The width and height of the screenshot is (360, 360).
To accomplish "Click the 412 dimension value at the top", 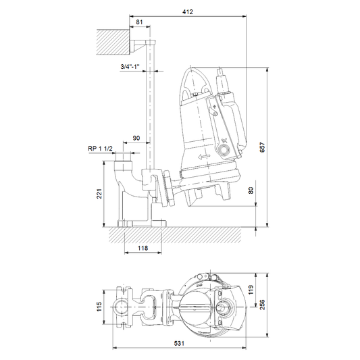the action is (x=188, y=11).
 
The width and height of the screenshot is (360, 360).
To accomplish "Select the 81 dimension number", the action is (x=139, y=22).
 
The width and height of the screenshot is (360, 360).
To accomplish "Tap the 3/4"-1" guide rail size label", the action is (x=130, y=67).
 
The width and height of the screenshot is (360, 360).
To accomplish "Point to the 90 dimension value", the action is (x=136, y=138).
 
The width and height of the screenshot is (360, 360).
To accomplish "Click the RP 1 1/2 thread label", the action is (x=101, y=149).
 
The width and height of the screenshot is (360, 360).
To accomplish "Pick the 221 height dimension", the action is (x=99, y=194).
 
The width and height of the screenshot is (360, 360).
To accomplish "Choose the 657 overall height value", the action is (x=262, y=147).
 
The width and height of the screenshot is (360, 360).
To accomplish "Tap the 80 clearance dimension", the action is (x=251, y=190).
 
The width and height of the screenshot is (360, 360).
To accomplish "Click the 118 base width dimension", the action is (x=143, y=248).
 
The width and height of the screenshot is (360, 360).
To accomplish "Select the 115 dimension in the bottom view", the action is (x=99, y=307).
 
